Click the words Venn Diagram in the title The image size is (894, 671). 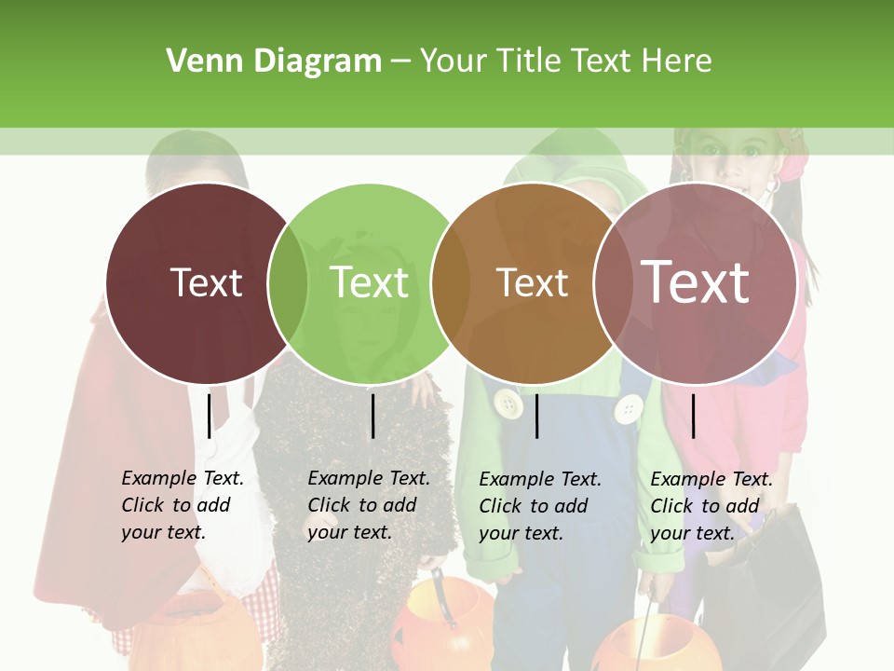(274, 62)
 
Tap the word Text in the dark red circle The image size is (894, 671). (206, 282)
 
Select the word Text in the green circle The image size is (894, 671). (370, 282)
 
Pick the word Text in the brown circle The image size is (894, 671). (532, 282)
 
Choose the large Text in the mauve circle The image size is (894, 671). (696, 281)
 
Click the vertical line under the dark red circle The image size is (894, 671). (210, 416)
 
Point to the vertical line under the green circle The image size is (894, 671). (372, 416)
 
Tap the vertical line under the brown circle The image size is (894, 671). (536, 416)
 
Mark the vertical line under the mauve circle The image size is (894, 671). (693, 416)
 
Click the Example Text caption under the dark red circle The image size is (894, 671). (183, 505)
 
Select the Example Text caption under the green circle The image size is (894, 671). (369, 505)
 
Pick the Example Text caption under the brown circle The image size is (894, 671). (540, 506)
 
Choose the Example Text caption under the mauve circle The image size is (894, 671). (711, 506)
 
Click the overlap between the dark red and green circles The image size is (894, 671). (288, 282)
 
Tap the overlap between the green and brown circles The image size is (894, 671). (450, 282)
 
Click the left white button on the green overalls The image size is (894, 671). (508, 404)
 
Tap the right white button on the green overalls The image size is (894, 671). (630, 408)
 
